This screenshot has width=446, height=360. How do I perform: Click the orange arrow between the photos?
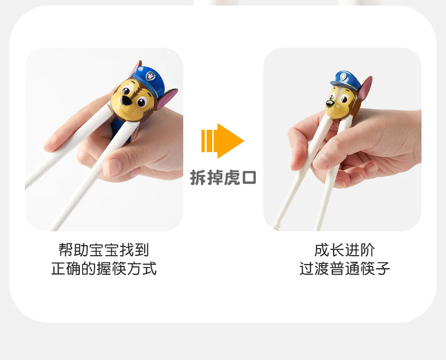(222, 141)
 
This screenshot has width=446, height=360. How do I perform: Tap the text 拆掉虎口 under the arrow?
(223, 177)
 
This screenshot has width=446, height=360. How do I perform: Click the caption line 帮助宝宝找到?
(104, 250)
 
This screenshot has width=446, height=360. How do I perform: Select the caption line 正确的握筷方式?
(104, 268)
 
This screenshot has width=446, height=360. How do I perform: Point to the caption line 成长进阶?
(345, 250)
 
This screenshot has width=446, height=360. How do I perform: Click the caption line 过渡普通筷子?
(345, 269)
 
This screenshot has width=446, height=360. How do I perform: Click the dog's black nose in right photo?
(329, 103)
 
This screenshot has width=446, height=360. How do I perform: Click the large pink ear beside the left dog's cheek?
(166, 99)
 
